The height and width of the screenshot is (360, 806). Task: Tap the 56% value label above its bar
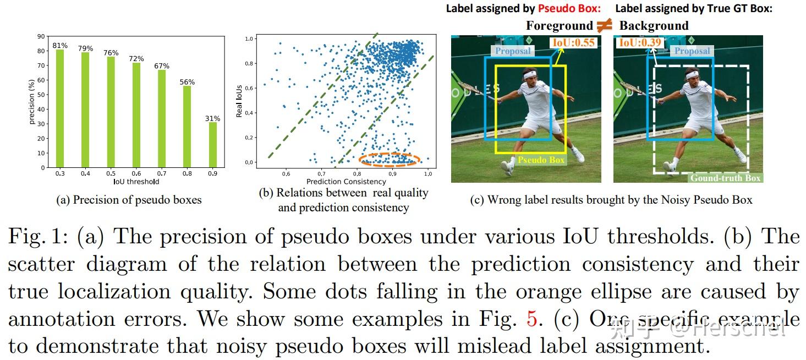(x=188, y=82)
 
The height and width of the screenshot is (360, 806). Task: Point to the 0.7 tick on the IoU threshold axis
(x=162, y=173)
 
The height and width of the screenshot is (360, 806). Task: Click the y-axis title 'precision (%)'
(x=32, y=102)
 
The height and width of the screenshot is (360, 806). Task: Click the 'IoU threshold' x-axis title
(x=136, y=181)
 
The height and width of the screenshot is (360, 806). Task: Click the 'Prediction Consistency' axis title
(x=346, y=181)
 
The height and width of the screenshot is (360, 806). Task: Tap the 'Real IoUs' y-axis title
(x=239, y=101)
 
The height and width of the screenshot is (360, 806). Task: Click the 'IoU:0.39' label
(x=640, y=42)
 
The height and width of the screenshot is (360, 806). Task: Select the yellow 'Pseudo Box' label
(x=541, y=160)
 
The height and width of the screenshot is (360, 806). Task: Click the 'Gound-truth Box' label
(x=725, y=178)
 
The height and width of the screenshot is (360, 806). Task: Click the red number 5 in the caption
(x=531, y=319)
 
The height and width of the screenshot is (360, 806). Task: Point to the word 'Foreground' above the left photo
(x=559, y=25)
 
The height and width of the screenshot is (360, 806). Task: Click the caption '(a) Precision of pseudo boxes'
(x=129, y=200)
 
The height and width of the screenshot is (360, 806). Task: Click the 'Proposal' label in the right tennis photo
(x=692, y=51)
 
